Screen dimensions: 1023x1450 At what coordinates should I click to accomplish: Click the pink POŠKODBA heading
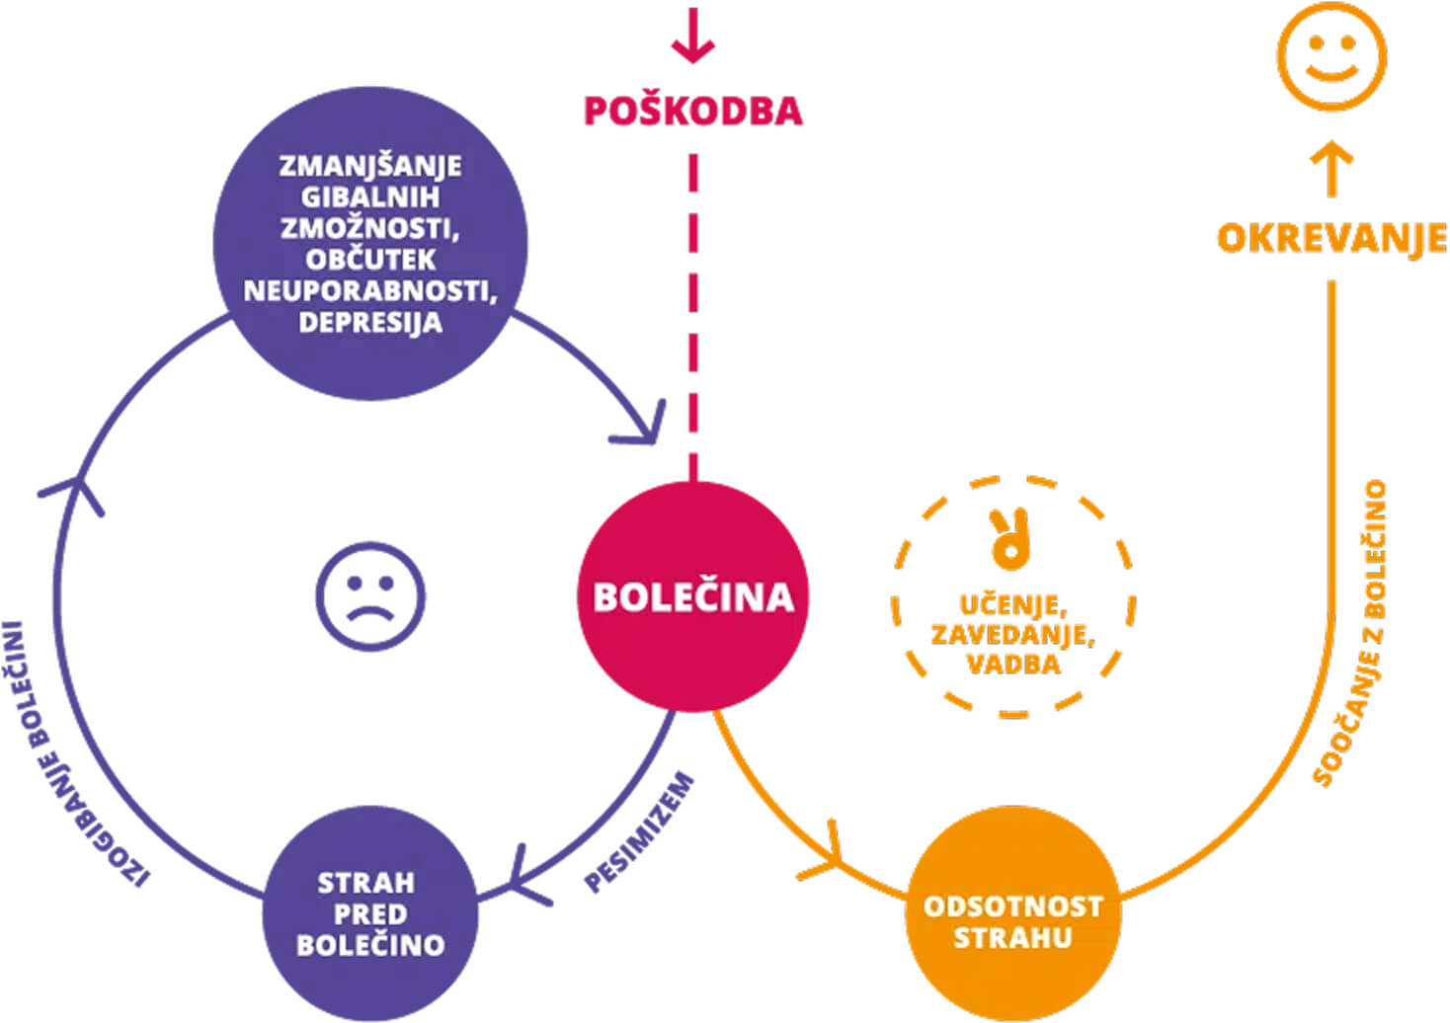coord(692,111)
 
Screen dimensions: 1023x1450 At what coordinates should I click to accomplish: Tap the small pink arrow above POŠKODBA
coord(692,38)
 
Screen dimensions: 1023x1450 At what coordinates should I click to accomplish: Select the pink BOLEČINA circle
coord(692,596)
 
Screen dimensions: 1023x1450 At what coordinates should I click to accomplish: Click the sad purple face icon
coord(370,596)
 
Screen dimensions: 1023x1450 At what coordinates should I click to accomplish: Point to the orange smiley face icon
coord(1330,55)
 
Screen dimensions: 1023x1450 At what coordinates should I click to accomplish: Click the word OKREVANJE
coord(1330,238)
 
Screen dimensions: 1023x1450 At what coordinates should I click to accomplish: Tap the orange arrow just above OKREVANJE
coord(1330,168)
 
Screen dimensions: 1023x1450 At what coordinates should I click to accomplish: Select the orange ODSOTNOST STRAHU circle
coord(1012,920)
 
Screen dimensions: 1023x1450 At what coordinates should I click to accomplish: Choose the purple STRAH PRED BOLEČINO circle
coord(370,913)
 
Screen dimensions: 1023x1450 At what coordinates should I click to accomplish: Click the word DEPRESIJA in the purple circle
coord(370,323)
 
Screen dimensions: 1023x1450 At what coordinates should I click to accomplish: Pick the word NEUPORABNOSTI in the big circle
coord(370,291)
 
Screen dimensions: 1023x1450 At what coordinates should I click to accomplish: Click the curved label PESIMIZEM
coord(639,832)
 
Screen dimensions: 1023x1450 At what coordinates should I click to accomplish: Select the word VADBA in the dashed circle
coord(1012,664)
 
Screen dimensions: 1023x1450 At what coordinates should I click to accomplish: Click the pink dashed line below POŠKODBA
coord(692,316)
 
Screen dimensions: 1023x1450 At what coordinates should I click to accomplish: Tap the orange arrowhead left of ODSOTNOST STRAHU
coord(825,854)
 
